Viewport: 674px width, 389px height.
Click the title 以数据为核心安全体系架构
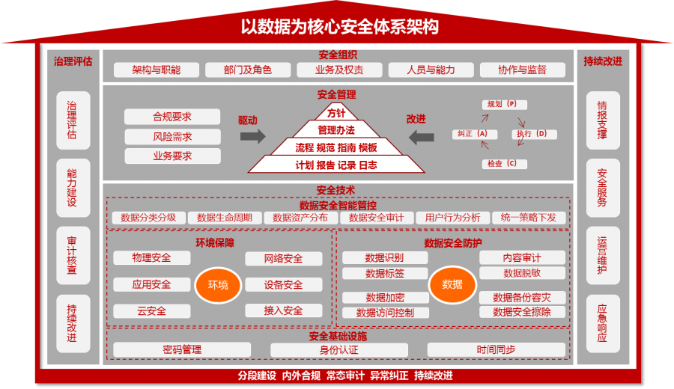[339, 26]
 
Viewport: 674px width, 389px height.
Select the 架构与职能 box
[157, 70]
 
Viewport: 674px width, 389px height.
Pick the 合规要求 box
[172, 117]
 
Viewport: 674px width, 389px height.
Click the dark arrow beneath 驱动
[253, 136]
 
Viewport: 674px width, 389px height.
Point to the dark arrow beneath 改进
[421, 136]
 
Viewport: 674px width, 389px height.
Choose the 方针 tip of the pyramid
[336, 113]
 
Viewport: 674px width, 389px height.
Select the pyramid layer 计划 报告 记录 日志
[336, 165]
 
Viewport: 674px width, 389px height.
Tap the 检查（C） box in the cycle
[502, 163]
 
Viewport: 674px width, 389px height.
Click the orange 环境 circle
[218, 285]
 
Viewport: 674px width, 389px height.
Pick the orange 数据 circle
[452, 285]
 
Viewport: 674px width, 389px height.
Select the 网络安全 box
[283, 259]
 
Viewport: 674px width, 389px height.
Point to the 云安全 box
[152, 311]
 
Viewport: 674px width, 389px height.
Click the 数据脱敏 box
[522, 274]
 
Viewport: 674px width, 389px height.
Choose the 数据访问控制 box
[385, 313]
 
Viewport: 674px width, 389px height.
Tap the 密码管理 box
[182, 349]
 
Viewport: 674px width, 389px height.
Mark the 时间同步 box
[496, 349]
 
